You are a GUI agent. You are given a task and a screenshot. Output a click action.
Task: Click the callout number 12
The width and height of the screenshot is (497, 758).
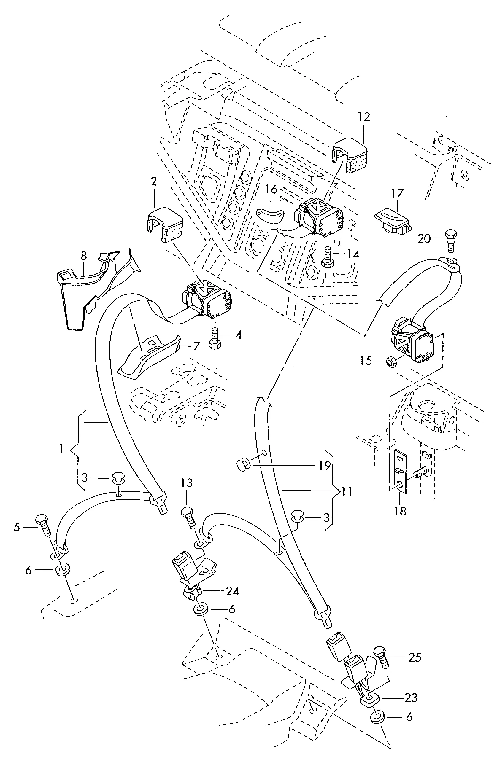[x=364, y=117]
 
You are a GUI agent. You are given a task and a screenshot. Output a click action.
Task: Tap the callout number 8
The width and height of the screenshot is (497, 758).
[x=83, y=256]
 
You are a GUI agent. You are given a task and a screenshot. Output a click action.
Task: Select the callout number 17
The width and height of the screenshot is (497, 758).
[x=398, y=193]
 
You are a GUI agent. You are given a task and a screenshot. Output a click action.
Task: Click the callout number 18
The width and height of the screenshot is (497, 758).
[x=400, y=511]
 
